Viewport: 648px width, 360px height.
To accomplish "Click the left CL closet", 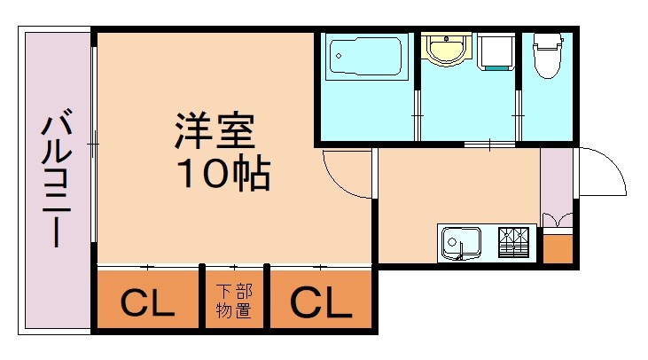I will pos(147,303).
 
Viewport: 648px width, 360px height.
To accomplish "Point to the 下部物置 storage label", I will pos(233,302).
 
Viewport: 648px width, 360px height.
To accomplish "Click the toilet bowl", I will pos(547,63).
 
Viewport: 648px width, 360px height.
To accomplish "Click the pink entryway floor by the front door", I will pos(558,182).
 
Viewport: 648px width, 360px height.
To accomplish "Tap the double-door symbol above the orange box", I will pos(558,221).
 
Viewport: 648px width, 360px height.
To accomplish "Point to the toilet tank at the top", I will pos(547,41).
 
